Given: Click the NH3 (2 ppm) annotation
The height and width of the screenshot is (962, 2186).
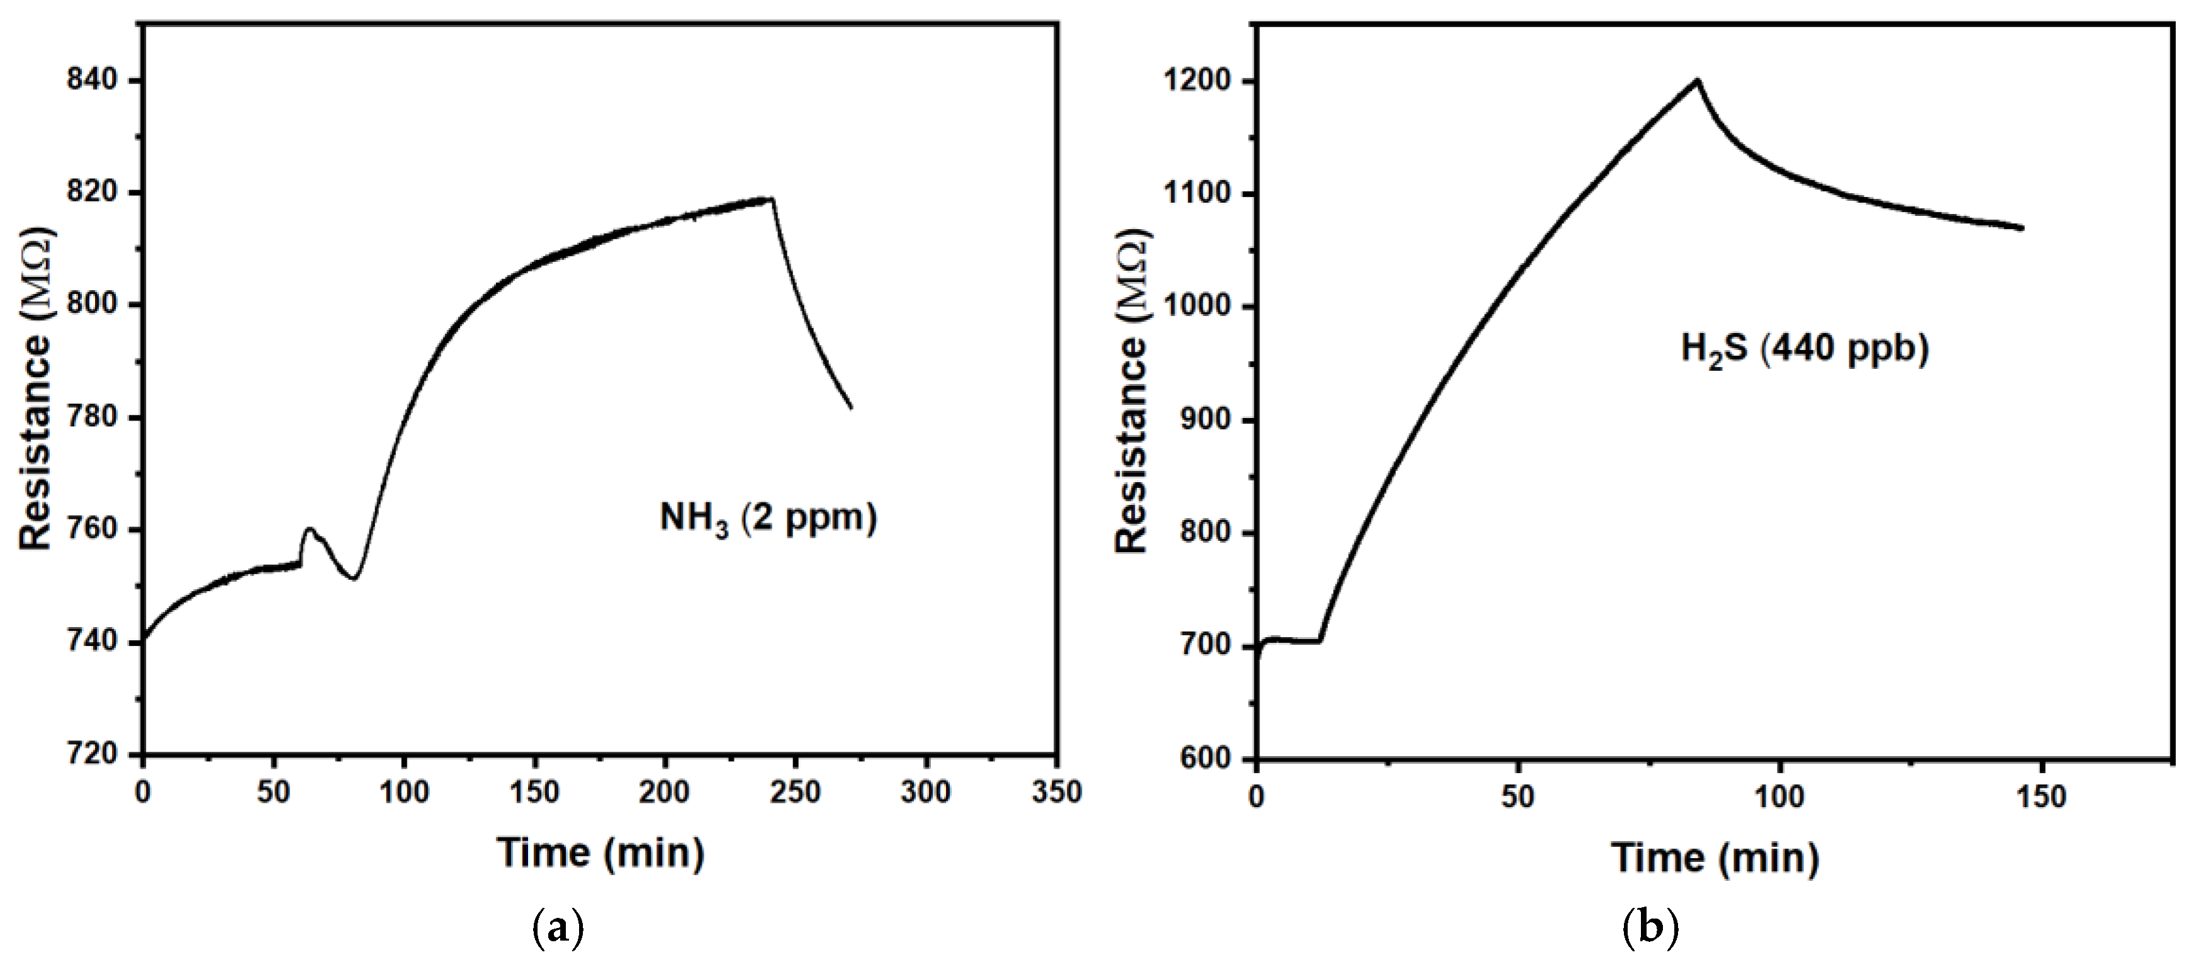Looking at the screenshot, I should coord(768,518).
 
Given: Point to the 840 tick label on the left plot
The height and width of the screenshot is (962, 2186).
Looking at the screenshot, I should coord(91,81).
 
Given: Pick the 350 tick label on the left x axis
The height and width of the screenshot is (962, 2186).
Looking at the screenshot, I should coord(1057,792).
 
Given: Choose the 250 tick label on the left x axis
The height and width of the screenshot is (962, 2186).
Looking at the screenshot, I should coord(795,792).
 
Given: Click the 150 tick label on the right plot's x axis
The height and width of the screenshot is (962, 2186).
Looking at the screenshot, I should coord(2040,796).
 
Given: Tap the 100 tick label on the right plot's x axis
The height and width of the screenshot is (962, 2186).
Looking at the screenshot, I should coord(1779,796).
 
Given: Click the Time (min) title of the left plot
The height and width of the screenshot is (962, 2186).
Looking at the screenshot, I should coord(600,852).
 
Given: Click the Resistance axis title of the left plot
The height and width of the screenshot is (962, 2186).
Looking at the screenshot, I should coord(36,390).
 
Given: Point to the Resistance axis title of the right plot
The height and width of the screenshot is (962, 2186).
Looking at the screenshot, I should coord(1131,390).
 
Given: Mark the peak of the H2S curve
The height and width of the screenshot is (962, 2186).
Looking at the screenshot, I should coord(1697,81).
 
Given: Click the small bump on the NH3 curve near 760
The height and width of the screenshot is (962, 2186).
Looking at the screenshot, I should coord(310,531).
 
